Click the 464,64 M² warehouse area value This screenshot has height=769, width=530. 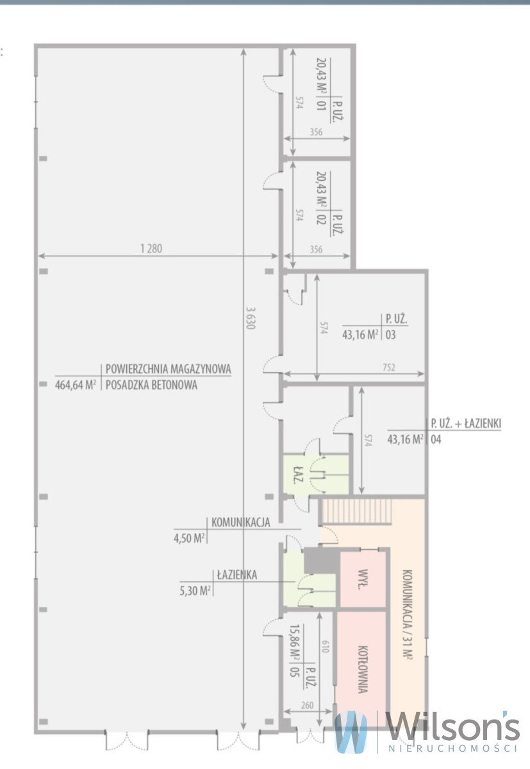click(76, 385)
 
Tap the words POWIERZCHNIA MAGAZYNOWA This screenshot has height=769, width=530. click(168, 370)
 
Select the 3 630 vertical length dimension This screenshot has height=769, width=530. click(250, 316)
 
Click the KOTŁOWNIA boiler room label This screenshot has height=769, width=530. click(362, 669)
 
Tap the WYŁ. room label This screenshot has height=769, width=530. click(363, 579)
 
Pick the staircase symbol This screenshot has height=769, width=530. click(356, 511)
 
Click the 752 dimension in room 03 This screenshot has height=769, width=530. click(388, 367)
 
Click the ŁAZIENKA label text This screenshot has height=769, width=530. click(236, 575)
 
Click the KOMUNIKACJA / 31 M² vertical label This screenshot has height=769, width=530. click(406, 614)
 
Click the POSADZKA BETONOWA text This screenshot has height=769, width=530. click(151, 385)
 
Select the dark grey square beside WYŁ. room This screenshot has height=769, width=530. click(320, 561)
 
